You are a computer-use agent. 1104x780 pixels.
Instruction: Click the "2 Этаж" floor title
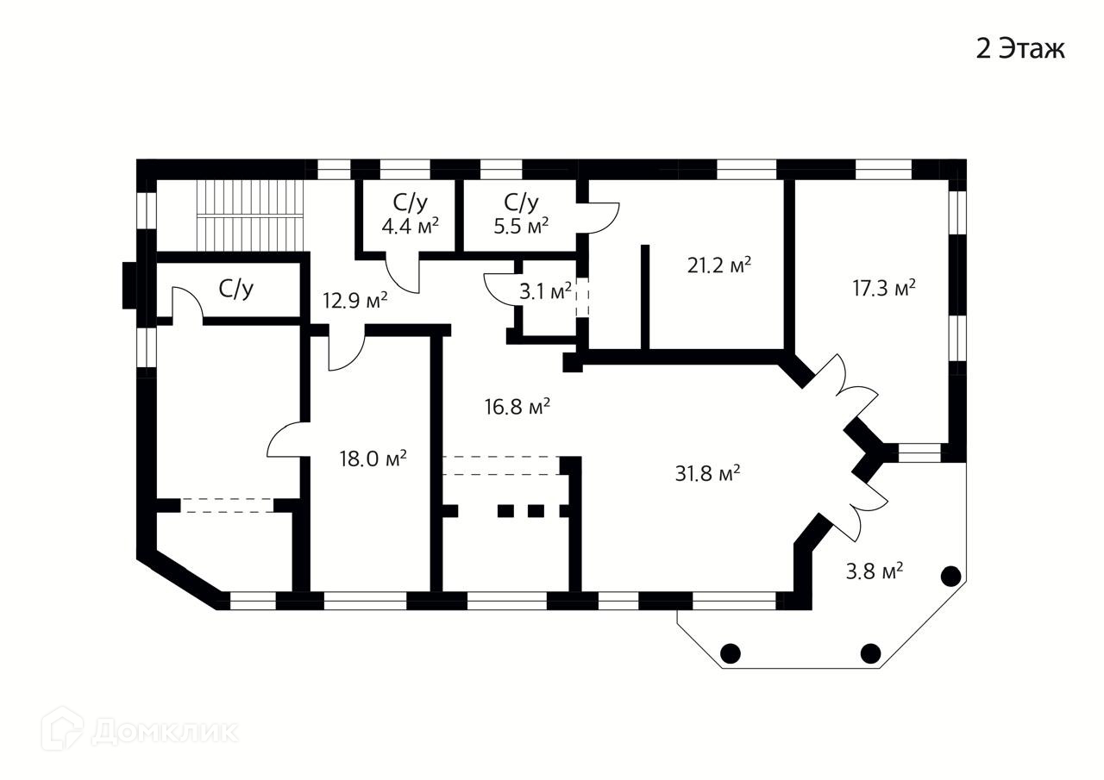click(x=1020, y=49)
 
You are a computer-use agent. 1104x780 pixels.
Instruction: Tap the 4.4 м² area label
click(x=411, y=226)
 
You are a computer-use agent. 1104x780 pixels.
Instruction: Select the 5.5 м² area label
click(x=521, y=226)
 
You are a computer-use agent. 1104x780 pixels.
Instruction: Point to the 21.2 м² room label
click(x=718, y=265)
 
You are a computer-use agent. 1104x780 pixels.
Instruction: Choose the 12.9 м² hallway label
click(x=354, y=301)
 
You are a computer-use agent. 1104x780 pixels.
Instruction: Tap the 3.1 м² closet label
click(x=545, y=291)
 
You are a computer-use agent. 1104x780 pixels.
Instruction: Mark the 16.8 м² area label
click(x=517, y=406)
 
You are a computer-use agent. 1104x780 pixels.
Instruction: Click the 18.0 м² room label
click(x=373, y=458)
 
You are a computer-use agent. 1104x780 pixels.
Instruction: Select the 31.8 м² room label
click(x=708, y=473)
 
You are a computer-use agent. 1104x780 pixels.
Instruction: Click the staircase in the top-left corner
click(x=251, y=213)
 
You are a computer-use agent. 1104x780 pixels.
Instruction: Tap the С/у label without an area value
click(x=236, y=290)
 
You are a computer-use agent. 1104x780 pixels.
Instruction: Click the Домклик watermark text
click(x=164, y=732)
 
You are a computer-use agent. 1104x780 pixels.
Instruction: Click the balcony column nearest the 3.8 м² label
click(x=951, y=576)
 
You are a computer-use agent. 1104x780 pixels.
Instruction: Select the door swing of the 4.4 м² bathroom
click(x=402, y=274)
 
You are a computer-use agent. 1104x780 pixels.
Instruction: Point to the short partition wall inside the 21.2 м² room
click(x=644, y=297)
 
